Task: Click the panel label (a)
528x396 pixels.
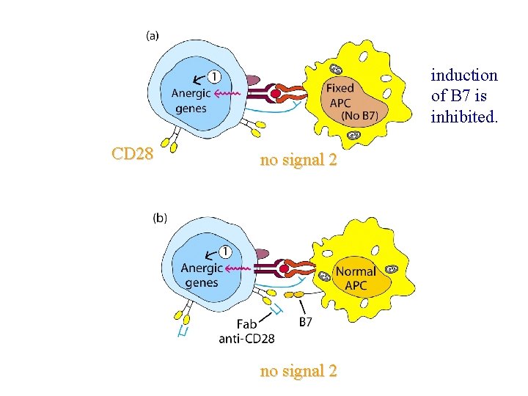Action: pos(155,34)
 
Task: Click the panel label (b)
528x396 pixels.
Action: pos(160,217)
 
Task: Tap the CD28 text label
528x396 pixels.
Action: pos(132,154)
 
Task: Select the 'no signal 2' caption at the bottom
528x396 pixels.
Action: pos(298,371)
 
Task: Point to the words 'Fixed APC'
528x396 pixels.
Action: pos(340,95)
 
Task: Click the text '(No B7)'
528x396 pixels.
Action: pos(359,116)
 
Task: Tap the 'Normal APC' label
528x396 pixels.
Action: pos(356,279)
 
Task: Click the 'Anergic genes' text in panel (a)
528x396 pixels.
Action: pos(191,101)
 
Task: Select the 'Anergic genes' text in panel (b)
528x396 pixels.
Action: pos(202,276)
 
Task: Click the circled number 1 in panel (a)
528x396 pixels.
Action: pos(213,76)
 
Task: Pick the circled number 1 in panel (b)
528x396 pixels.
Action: pos(226,252)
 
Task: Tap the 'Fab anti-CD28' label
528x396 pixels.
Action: pos(247,331)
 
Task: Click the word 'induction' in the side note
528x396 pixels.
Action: pos(464,75)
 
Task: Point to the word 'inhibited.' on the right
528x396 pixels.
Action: pos(464,116)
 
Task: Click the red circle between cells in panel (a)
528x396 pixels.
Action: pos(276,94)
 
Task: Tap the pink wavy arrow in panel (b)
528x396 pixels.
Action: pos(238,269)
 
